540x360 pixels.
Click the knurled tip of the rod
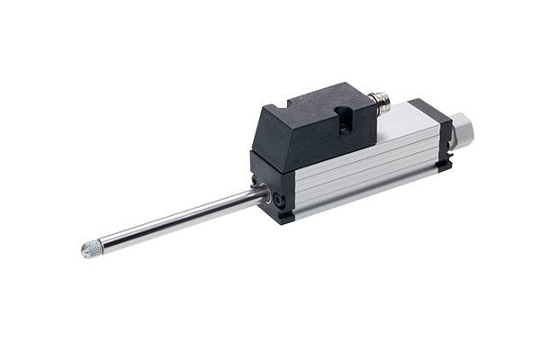coord(94,249)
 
